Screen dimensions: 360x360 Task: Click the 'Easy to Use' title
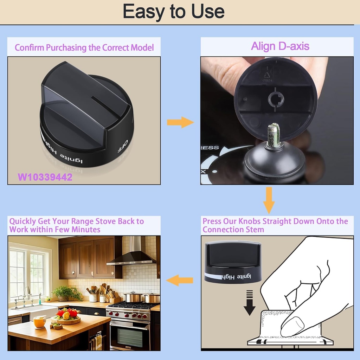pyautogui.click(x=173, y=12)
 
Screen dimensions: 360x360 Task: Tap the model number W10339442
pyautogui.click(x=45, y=177)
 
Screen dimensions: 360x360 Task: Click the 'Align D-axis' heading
pyautogui.click(x=280, y=46)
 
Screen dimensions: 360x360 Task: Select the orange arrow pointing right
pyautogui.click(x=180, y=122)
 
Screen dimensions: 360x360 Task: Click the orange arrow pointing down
pyautogui.click(x=269, y=200)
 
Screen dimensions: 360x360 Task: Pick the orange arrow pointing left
pyautogui.click(x=180, y=280)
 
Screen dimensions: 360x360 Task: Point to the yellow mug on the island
pyautogui.click(x=39, y=322)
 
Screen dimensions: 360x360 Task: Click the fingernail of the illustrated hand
pyautogui.click(x=292, y=326)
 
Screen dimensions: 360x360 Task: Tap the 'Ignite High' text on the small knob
pyautogui.click(x=238, y=277)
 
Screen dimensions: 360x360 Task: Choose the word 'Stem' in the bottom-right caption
pyautogui.click(x=252, y=230)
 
